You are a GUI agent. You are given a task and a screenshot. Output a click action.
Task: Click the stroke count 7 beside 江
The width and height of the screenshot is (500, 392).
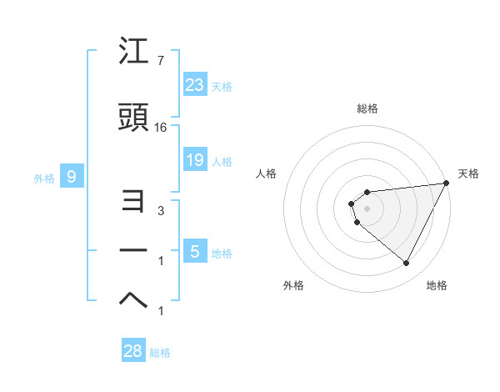coord(160,61)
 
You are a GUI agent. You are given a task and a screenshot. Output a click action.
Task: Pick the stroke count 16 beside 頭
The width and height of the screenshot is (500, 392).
coord(161,128)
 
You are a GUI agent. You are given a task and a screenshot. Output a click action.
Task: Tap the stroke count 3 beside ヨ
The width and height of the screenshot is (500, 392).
coord(161,211)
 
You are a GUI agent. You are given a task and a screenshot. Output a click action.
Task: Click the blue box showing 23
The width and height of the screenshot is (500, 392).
coord(194,84)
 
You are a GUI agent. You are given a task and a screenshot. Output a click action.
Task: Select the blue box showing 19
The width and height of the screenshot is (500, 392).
coord(194,160)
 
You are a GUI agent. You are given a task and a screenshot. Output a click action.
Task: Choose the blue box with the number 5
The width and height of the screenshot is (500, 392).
coord(194,252)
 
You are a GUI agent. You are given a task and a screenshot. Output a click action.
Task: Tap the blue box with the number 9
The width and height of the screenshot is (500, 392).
coord(72,176)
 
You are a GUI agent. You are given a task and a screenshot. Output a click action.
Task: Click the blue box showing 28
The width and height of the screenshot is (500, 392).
coord(132,351)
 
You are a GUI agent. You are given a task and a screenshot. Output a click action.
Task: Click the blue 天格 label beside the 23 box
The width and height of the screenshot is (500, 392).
coord(222,86)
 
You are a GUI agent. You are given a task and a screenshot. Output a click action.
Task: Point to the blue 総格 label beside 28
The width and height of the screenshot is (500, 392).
coord(160,353)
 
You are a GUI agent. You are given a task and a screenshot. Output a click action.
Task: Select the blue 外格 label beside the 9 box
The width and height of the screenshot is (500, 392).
coord(44,178)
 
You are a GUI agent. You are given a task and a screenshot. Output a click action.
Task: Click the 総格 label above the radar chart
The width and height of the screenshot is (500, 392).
coord(367,108)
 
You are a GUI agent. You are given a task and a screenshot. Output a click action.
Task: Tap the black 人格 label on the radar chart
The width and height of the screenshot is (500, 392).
coord(266,173)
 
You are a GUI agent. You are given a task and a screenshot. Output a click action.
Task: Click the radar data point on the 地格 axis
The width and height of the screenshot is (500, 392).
coord(406,263)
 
